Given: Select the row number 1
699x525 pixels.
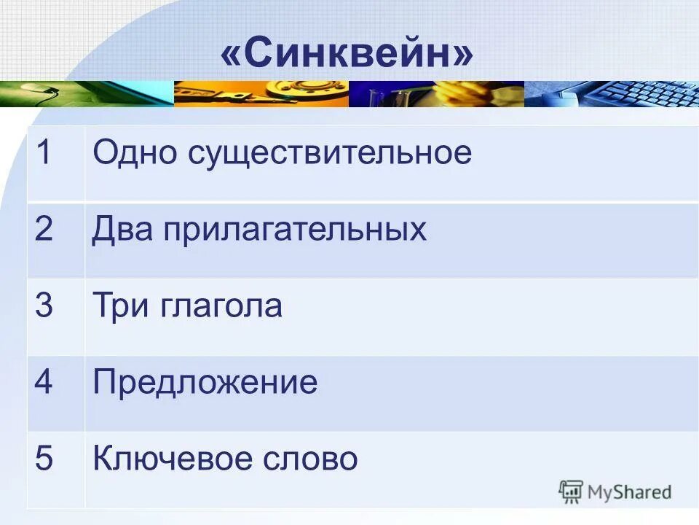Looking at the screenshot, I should coord(44,153).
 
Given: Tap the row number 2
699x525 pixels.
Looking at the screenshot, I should coord(44,230).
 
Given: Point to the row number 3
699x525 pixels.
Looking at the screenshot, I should coord(44,306).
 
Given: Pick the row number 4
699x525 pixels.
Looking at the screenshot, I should coord(44,383).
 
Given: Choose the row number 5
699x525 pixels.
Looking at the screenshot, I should coord(44,459).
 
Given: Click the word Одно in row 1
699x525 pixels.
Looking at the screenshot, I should coord(135,153).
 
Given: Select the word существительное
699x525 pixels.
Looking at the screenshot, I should coord(331,153).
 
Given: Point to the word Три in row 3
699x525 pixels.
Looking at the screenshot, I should coord(119,306).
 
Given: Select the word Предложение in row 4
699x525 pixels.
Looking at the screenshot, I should coord(205,383).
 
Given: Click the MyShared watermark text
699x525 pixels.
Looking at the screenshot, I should coord(629,492).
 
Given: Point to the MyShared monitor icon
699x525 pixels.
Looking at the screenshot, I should coord(571,491).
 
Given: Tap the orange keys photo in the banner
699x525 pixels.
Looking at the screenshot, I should coord(261,94).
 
